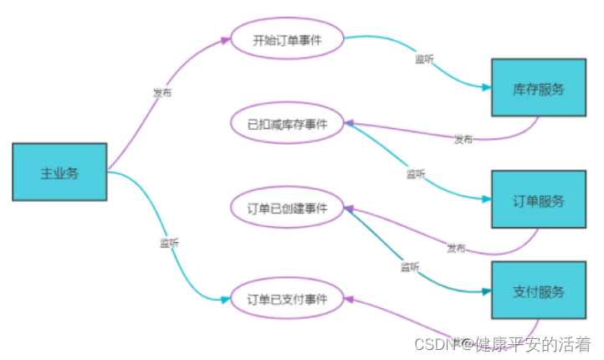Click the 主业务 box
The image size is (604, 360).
[59, 172]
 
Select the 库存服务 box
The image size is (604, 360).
[538, 88]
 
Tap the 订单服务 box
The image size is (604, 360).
[538, 201]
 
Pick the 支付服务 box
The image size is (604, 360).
[538, 291]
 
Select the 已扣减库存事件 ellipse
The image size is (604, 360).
[287, 124]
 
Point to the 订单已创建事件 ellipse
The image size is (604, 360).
[287, 208]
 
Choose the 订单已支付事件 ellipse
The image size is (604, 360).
[287, 298]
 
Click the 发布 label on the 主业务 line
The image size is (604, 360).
[162, 93]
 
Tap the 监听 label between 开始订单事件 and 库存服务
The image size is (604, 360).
[425, 59]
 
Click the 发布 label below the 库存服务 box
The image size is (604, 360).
[463, 138]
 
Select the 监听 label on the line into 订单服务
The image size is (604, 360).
[416, 174]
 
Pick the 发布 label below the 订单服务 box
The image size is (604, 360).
[456, 248]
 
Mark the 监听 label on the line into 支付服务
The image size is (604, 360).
[410, 267]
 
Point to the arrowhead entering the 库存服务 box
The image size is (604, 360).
[486, 87]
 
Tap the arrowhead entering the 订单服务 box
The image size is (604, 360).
[486, 199]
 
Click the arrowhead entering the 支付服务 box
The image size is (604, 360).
[486, 291]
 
